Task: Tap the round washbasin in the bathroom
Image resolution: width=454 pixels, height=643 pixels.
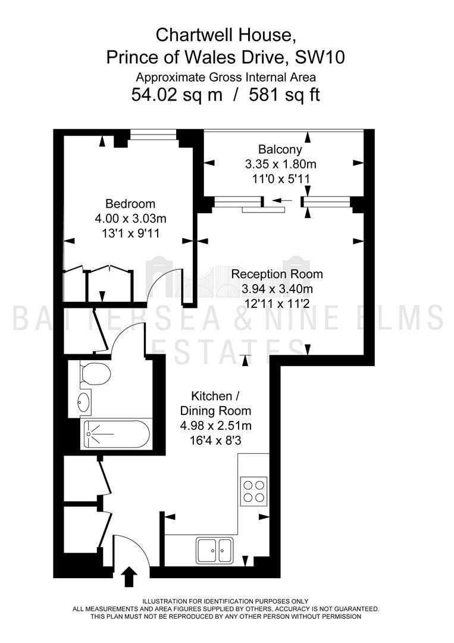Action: (84, 401)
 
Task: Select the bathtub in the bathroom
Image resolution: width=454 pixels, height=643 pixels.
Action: (117, 434)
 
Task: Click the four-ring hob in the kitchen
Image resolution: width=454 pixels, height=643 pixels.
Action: (253, 491)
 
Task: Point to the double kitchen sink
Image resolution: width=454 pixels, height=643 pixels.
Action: (214, 550)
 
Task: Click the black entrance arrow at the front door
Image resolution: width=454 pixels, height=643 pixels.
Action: (130, 577)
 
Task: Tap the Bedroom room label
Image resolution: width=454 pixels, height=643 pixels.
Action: (130, 204)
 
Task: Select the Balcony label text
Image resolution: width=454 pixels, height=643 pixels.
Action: (280, 149)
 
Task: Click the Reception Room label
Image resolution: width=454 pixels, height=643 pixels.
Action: (277, 274)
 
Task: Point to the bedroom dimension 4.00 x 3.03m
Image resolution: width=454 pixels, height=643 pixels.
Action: (130, 219)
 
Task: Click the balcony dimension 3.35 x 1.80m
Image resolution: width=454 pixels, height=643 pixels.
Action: (281, 164)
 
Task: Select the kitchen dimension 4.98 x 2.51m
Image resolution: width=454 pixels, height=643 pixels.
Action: (216, 426)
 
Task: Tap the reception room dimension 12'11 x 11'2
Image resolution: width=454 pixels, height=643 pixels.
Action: (277, 304)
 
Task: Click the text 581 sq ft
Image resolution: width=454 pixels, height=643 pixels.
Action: (284, 95)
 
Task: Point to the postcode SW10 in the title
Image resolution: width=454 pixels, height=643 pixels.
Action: (320, 57)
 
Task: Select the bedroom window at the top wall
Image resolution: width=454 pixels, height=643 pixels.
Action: (153, 135)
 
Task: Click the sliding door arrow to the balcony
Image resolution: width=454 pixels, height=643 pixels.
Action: (283, 201)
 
